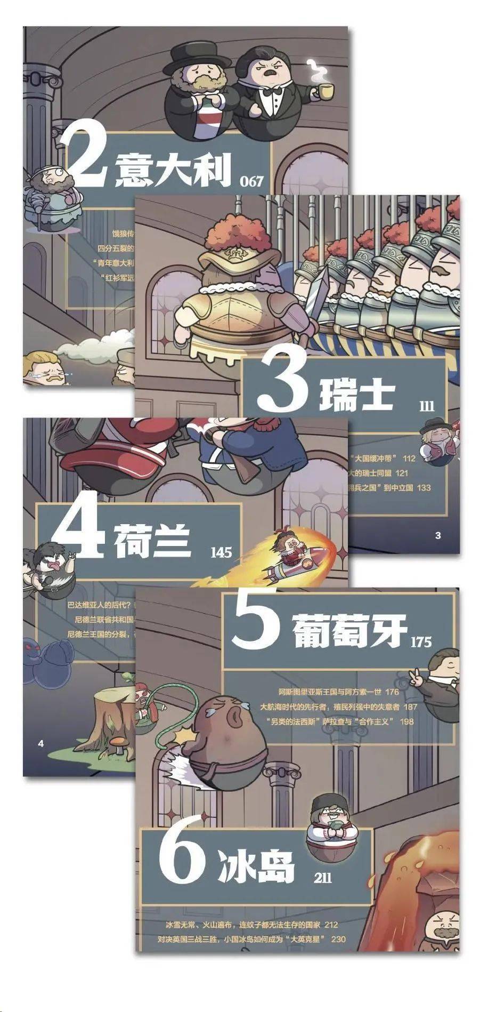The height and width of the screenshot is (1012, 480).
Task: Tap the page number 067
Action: click(x=251, y=181)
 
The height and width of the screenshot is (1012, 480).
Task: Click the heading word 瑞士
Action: click(x=356, y=395)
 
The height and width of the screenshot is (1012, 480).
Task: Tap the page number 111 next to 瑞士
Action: click(x=427, y=407)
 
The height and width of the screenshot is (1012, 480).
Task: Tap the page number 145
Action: click(x=221, y=552)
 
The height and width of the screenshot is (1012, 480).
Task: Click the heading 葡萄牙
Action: click(x=349, y=631)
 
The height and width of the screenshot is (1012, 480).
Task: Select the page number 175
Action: click(x=420, y=641)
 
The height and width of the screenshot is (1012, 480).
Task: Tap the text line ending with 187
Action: click(x=338, y=706)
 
